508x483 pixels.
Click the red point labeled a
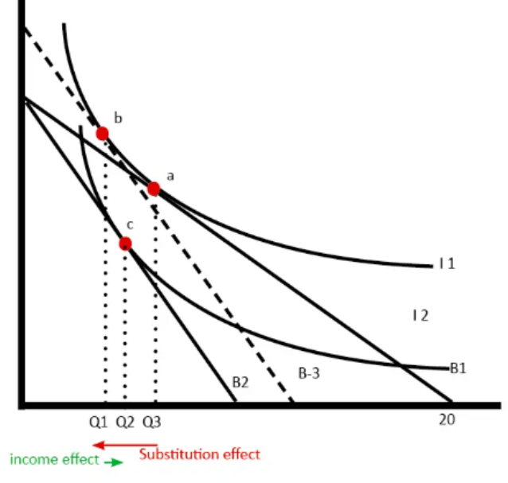click(154, 189)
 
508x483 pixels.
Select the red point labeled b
click(102, 133)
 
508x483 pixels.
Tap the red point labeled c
click(125, 243)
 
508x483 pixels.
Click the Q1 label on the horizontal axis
click(98, 421)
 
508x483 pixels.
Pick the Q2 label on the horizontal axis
click(125, 421)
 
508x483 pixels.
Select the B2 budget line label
click(240, 383)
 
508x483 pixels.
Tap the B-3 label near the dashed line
click(309, 372)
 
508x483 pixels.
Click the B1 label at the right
click(458, 368)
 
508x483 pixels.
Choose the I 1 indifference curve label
click(446, 263)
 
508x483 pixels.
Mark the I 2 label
click(420, 316)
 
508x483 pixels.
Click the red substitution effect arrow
click(124, 444)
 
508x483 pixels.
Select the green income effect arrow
click(113, 462)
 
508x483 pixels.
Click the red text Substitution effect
click(199, 454)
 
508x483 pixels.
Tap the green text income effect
click(54, 459)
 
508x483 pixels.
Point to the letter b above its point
click(118, 119)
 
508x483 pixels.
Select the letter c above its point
click(131, 225)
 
